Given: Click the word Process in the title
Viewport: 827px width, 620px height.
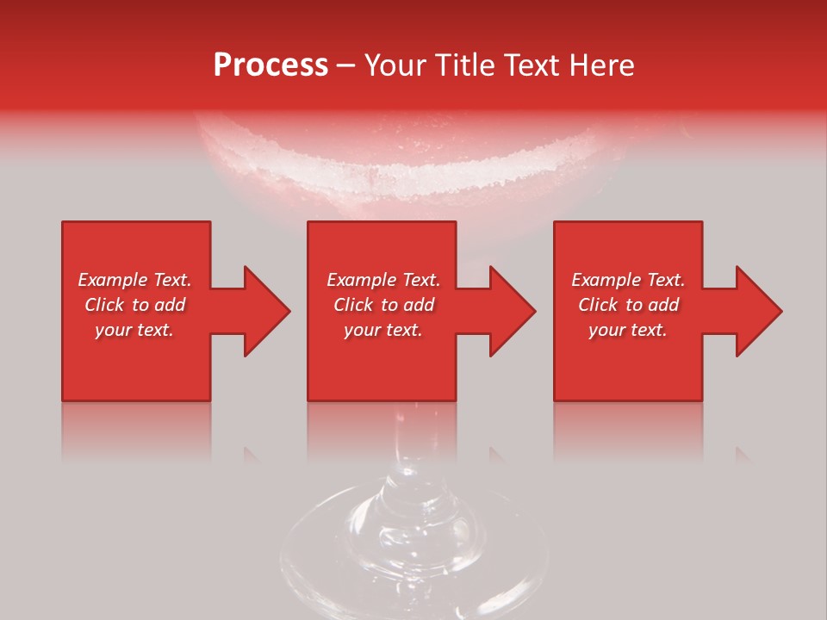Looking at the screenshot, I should tap(270, 65).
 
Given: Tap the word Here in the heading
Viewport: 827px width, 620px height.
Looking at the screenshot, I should tap(601, 65).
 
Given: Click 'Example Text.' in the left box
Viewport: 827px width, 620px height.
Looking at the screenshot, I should tap(135, 280).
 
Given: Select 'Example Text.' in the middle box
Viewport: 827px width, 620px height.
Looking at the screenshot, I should tap(383, 280).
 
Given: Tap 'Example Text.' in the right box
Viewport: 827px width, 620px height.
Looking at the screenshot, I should tap(628, 280).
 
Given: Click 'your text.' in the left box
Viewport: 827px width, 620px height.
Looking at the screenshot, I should tap(134, 330).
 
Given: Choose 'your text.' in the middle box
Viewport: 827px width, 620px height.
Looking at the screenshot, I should tap(382, 330).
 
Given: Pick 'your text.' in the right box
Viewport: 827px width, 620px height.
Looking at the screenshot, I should tap(627, 330).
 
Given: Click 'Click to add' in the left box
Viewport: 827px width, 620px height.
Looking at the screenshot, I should tap(135, 305).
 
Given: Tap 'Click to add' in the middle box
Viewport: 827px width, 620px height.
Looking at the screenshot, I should tap(383, 305).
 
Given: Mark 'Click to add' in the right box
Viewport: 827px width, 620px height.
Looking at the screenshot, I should tap(628, 305).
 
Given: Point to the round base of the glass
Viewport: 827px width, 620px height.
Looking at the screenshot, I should tap(413, 551).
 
